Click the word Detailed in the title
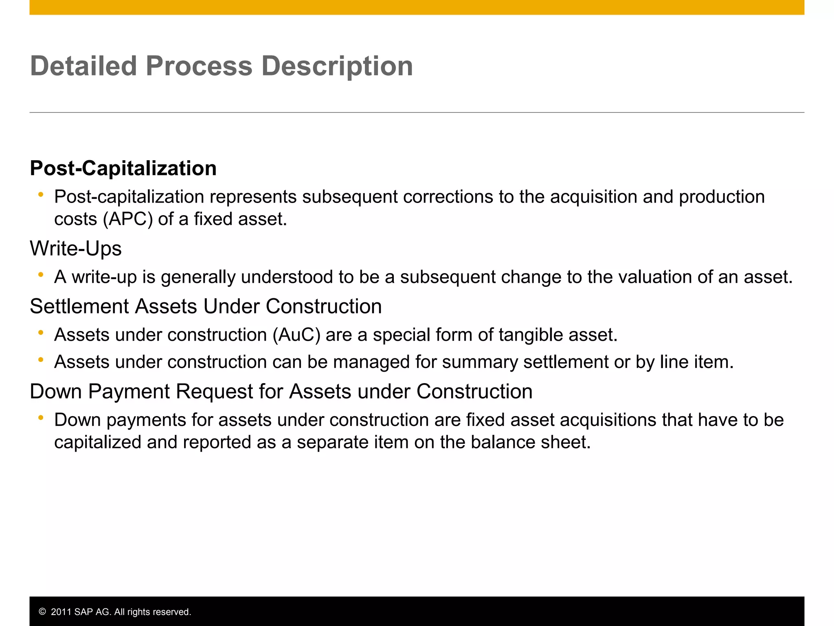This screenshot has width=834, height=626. coord(83,66)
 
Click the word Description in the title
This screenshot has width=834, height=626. coord(337,66)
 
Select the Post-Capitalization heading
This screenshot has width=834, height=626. coord(123,168)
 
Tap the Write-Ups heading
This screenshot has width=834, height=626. coord(76,248)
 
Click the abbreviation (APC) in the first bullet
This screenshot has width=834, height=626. coord(128,219)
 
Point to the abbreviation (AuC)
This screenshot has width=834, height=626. coord(296,335)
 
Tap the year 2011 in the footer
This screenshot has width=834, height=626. coord(61,612)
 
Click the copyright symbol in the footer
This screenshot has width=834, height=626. coord(42,612)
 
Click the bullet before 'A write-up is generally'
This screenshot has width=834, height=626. coord(41,275)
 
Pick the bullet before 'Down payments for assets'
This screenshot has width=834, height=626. coord(41,418)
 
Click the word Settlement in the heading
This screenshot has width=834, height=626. coord(79,306)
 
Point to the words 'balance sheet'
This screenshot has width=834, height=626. coord(531,442)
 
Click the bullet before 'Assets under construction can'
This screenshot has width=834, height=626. coord(41,360)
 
